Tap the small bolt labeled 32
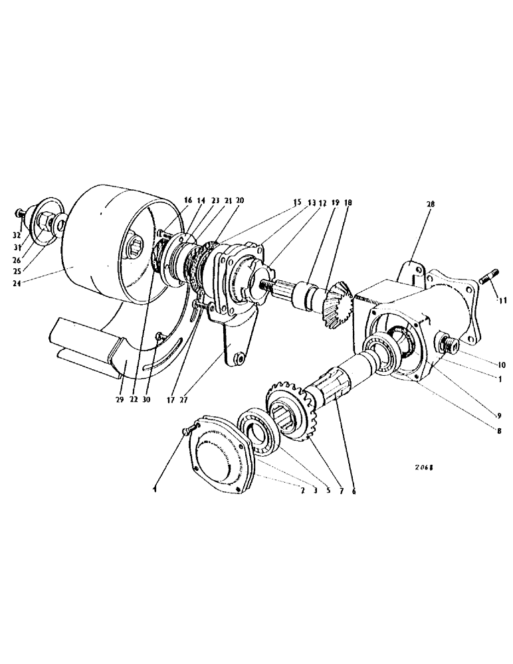tap(20, 214)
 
